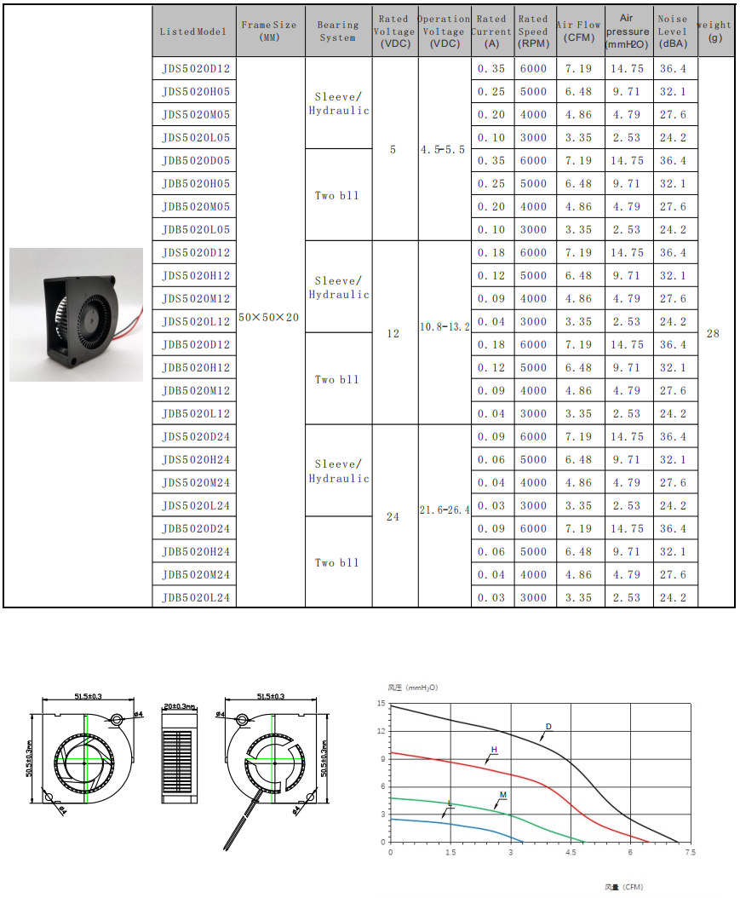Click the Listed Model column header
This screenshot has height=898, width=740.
(x=193, y=32)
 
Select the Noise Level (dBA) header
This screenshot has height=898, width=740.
(x=672, y=32)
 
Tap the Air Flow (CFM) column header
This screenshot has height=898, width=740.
(x=579, y=32)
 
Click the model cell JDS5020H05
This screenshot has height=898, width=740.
(x=196, y=91)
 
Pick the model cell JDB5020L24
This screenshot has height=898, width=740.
(x=196, y=597)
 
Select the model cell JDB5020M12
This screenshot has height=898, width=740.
(x=196, y=390)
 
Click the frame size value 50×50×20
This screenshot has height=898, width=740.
(x=269, y=317)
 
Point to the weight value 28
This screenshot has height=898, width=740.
(x=713, y=333)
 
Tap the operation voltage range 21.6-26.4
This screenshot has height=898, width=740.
(x=444, y=510)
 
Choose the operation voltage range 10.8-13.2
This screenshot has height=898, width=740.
(x=444, y=326)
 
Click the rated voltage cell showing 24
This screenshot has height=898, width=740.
(x=393, y=517)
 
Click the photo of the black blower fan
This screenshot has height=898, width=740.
(x=77, y=314)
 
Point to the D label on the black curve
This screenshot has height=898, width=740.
(x=548, y=727)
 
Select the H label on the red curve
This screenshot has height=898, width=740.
(x=493, y=750)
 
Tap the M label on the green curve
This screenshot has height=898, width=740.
(x=502, y=795)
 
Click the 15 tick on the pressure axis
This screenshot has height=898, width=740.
(x=381, y=705)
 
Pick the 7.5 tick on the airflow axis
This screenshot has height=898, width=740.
(x=690, y=852)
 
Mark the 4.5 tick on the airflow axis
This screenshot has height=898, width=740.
(x=570, y=852)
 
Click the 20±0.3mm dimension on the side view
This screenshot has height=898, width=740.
(x=179, y=706)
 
